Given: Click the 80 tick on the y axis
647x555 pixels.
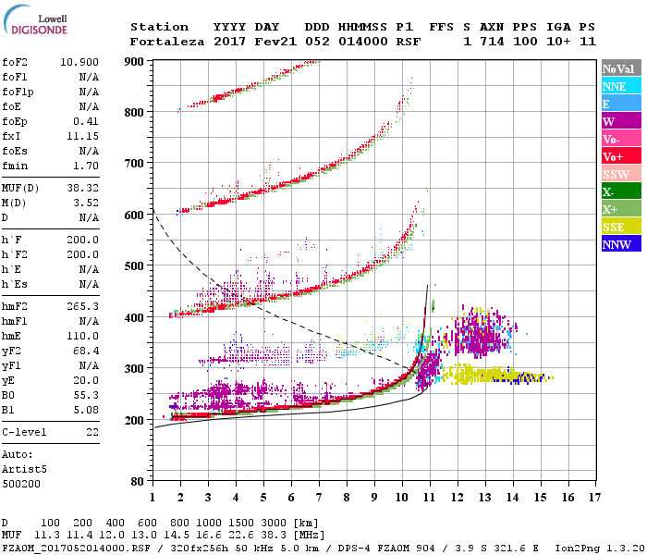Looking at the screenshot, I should click(x=138, y=481).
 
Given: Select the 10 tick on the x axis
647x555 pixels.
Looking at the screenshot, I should click(x=401, y=498).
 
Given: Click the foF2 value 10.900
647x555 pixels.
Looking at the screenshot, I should click(x=80, y=60).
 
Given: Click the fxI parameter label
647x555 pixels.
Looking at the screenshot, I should click(x=12, y=135).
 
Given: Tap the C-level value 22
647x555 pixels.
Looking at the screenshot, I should click(x=92, y=432).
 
